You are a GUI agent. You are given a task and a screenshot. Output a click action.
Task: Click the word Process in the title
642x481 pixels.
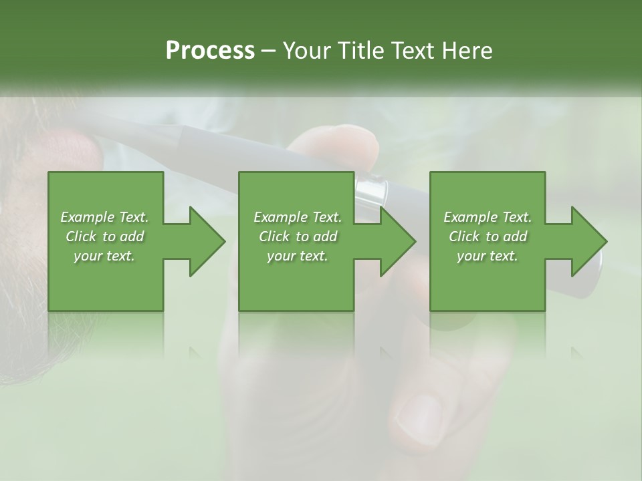(210, 51)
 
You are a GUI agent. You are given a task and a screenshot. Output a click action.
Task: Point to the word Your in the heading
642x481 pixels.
(305, 51)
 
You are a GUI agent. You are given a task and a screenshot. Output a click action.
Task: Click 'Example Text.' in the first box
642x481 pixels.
(104, 217)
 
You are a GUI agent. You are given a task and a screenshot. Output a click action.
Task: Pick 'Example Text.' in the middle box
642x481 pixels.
(298, 217)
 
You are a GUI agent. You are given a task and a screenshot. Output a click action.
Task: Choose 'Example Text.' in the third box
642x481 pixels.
(488, 217)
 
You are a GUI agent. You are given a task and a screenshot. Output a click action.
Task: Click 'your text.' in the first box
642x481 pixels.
(104, 256)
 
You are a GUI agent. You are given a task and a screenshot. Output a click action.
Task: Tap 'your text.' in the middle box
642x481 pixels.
(298, 256)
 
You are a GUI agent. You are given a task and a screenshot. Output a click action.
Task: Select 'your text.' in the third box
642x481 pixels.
(488, 256)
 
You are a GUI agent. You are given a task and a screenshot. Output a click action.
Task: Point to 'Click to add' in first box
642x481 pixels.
(104, 236)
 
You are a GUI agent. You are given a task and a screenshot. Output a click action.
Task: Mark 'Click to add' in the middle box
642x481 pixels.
(298, 236)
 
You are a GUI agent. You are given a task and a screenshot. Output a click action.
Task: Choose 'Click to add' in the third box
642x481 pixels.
(488, 236)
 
